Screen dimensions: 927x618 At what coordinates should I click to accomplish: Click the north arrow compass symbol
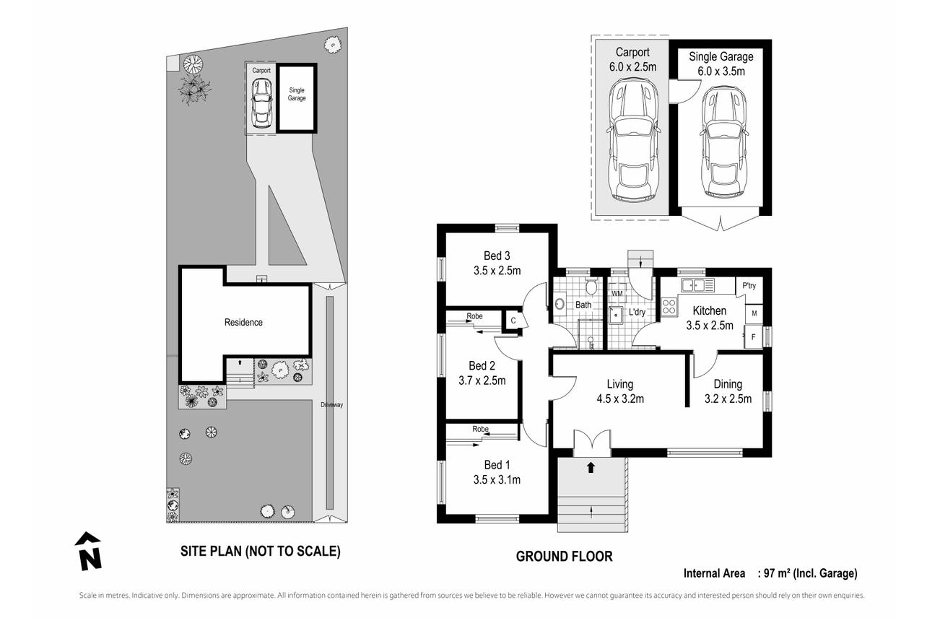(88, 552)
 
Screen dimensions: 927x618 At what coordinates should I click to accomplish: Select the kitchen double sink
(697, 284)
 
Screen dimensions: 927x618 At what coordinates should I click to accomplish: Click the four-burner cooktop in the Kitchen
(669, 307)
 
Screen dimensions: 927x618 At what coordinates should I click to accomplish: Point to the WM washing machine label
(617, 293)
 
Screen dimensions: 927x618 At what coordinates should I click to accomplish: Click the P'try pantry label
(749, 285)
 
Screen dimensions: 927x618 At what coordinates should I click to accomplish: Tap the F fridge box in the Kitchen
(753, 337)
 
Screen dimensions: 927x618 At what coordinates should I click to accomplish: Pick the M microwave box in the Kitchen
(754, 313)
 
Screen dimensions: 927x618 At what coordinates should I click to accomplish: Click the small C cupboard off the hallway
(513, 321)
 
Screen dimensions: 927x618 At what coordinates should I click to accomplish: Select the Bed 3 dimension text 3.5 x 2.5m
(497, 271)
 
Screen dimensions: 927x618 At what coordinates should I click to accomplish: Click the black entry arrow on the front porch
(591, 467)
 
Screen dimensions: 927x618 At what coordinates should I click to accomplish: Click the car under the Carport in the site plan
(261, 103)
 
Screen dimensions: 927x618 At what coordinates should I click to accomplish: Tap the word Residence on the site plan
(243, 322)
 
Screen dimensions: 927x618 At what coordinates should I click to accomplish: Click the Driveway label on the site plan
(332, 405)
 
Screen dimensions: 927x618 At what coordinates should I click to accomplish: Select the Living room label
(620, 384)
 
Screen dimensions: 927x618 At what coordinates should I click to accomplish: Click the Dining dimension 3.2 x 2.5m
(728, 399)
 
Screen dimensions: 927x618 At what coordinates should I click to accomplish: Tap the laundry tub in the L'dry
(617, 315)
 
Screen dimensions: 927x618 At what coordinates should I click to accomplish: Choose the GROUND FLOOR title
(564, 557)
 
